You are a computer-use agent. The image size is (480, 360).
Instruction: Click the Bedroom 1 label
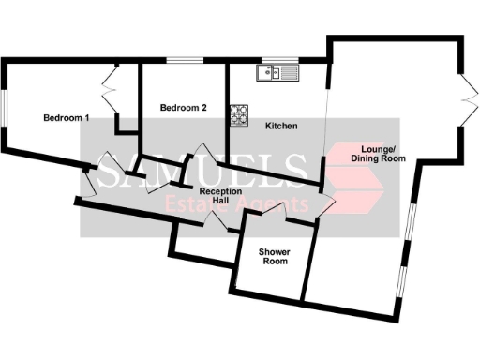67,118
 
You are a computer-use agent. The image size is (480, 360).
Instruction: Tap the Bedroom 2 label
183,108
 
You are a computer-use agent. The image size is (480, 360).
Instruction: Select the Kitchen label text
281,125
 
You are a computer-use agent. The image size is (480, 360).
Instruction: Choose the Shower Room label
274,255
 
